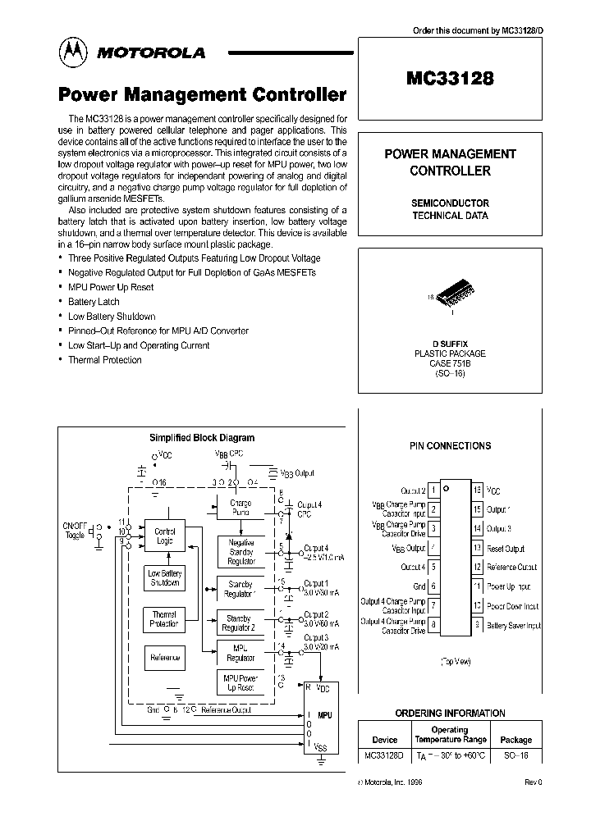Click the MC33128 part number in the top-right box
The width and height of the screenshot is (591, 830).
(449, 79)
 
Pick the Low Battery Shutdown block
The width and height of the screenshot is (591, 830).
(164, 578)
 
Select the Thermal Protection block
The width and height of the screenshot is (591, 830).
(164, 619)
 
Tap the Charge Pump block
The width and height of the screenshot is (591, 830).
(241, 508)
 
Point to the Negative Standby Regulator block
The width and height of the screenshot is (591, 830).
(241, 552)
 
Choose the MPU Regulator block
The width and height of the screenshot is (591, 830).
(241, 653)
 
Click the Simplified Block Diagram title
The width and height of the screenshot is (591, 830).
(201, 438)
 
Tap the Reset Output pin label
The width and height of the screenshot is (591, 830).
(505, 549)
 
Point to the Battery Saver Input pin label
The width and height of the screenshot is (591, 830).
(514, 626)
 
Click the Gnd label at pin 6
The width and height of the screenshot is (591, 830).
(419, 587)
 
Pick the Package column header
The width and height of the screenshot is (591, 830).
(515, 740)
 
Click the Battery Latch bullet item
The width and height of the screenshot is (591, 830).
(94, 302)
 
